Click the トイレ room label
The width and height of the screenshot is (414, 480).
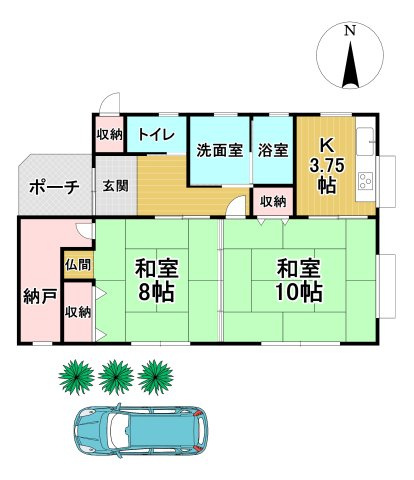(x=156, y=135)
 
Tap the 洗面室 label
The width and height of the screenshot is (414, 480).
(x=218, y=152)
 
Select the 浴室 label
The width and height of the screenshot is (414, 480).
(x=272, y=152)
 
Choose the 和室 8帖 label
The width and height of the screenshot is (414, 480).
(x=158, y=282)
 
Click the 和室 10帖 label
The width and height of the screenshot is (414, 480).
(x=299, y=282)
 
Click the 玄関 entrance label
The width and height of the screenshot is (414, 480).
(x=114, y=186)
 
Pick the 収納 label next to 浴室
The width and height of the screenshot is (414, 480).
(x=272, y=201)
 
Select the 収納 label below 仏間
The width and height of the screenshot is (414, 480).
(x=78, y=312)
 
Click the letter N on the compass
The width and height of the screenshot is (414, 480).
(x=349, y=31)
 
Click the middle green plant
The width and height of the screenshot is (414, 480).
(x=117, y=377)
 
